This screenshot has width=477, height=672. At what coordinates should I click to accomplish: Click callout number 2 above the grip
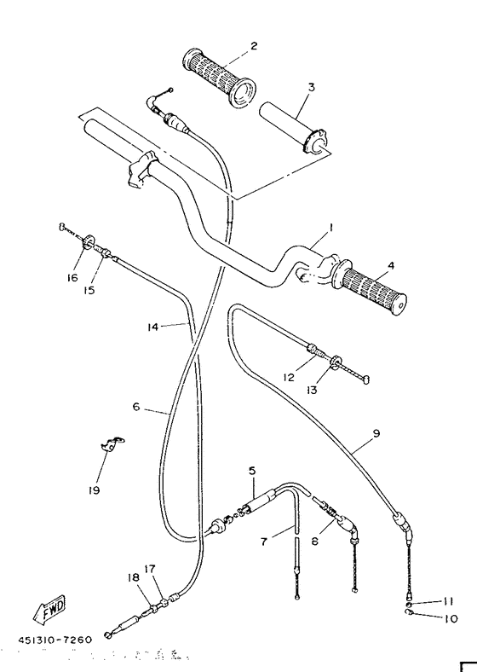pos(253,45)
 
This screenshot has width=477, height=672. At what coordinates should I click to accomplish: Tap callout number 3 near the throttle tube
pos(312,87)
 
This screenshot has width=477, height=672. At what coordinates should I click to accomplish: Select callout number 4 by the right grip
pos(390,265)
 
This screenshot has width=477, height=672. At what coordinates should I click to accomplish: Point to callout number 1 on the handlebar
pos(330,229)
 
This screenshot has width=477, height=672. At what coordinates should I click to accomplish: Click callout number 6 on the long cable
pos(136,408)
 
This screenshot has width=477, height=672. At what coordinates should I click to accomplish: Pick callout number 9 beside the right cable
pos(376,433)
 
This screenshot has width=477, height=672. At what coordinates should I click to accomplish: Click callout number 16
pos(72,278)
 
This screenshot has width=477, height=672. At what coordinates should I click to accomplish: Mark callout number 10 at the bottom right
pos(451,618)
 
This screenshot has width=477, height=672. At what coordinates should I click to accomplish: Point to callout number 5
pos(252,471)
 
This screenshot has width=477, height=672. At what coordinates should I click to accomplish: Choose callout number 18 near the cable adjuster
pos(134,577)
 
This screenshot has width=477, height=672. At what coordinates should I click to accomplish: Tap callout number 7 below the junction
pos(264,541)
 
